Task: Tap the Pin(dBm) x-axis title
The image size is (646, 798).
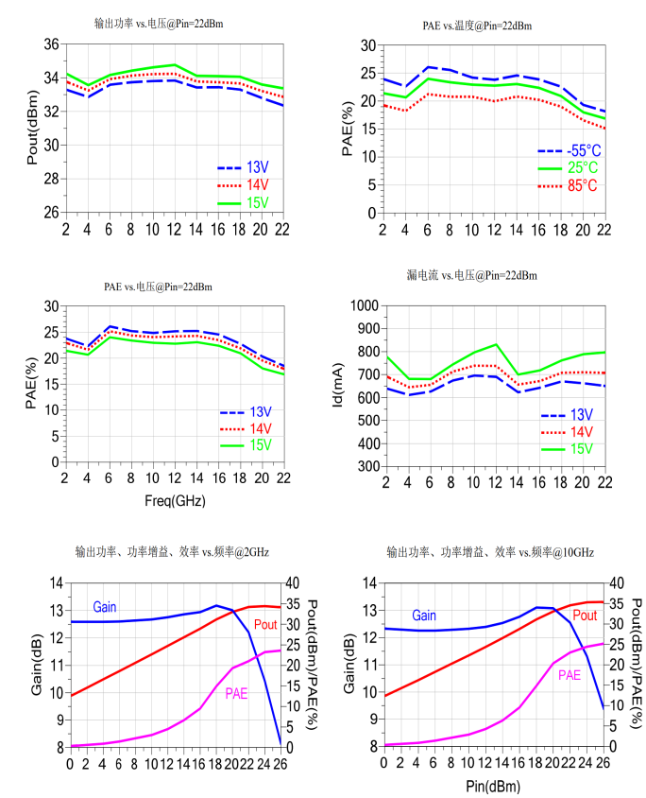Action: pyautogui.click(x=492, y=785)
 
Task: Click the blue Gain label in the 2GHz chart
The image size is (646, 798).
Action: pyautogui.click(x=105, y=604)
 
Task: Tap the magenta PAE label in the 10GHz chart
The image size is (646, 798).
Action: pyautogui.click(x=569, y=675)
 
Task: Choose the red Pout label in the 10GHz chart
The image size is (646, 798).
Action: pyautogui.click(x=585, y=616)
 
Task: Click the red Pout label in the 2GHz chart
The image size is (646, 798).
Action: pyautogui.click(x=265, y=624)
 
